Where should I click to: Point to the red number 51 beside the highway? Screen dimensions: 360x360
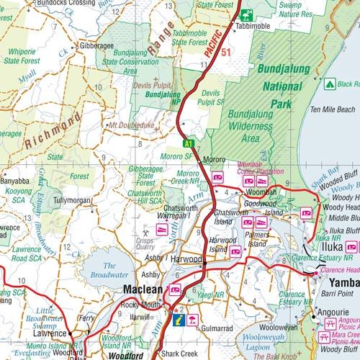point(225,53)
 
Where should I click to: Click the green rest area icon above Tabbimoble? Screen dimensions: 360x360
point(247,12)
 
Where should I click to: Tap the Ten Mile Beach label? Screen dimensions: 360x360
point(332,109)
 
